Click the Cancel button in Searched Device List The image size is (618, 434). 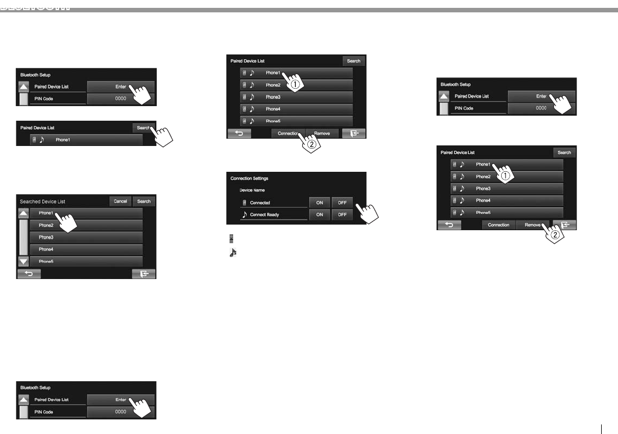coord(120,201)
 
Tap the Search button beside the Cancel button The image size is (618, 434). coord(144,201)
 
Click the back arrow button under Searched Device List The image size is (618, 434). coord(29,274)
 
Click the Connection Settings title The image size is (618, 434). coord(249,179)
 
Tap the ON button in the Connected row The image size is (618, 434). coord(319,203)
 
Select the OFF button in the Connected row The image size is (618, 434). coord(342,203)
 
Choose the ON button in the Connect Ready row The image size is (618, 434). coord(319,214)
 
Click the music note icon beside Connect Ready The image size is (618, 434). coord(244,214)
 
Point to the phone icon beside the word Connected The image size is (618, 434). coord(244,203)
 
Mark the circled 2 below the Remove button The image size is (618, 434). coord(555,235)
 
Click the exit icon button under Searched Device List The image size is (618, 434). coord(144,274)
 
